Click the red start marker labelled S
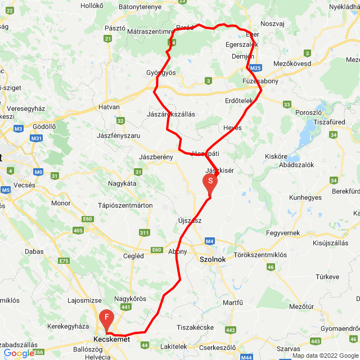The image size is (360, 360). click(209, 182)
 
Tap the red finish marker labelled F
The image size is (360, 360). click(106, 319)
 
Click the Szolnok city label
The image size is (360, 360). click(213, 259)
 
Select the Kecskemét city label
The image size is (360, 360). click(111, 339)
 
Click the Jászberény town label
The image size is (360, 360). click(155, 157)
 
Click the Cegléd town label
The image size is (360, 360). click(133, 256)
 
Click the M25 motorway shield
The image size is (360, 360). click(255, 68)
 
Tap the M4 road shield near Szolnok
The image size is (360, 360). click(210, 241)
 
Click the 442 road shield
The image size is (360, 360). click(231, 330)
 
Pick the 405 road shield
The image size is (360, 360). click(78, 231)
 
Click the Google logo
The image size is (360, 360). click(18, 353)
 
